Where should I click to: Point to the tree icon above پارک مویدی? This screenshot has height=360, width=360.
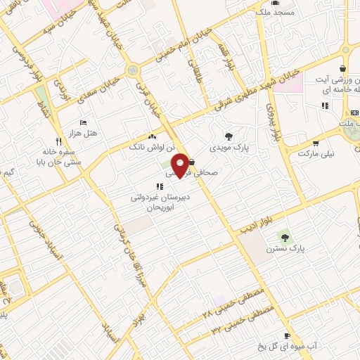click(x=229, y=136)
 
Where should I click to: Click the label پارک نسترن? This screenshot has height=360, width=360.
click(x=284, y=249)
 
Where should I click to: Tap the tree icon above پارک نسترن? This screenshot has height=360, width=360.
click(x=284, y=236)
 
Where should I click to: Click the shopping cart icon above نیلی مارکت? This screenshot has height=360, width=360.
click(x=315, y=142)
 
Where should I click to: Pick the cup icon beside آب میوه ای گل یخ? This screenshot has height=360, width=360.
click(x=286, y=336)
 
